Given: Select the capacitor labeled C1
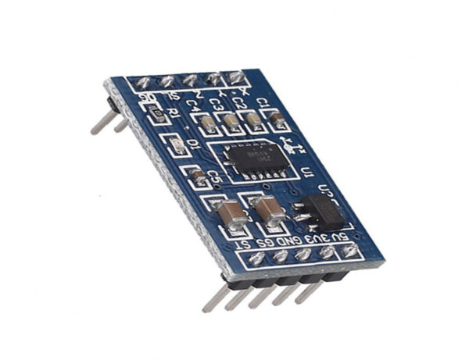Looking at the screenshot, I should (x=276, y=118).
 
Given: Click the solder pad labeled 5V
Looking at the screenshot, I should (x=349, y=250).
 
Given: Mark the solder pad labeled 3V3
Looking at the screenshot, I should (x=326, y=252).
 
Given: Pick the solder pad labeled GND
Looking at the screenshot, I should (x=303, y=255).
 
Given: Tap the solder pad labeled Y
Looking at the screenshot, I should (x=213, y=78).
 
